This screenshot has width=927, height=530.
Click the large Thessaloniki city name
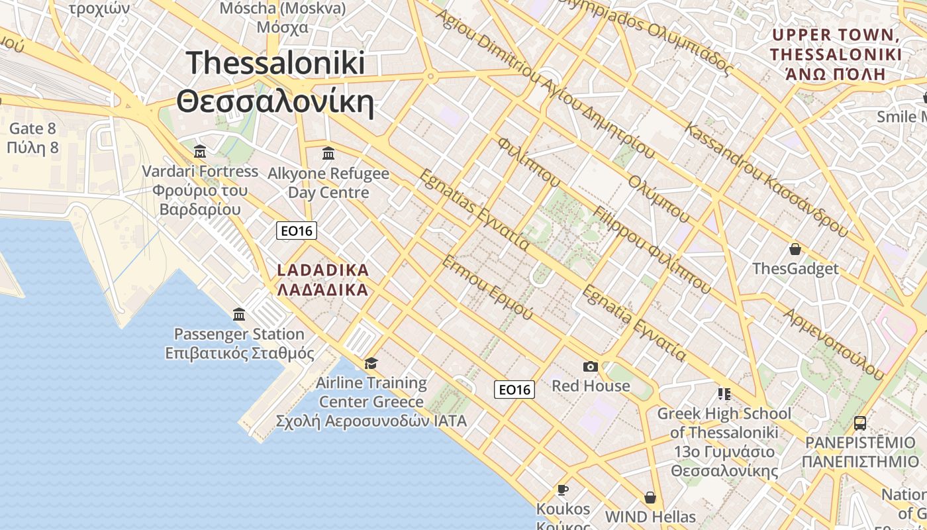point(275,82)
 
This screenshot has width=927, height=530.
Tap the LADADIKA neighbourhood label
point(322,280)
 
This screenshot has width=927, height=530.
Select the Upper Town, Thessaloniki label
point(836,54)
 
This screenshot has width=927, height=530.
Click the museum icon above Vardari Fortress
point(200,152)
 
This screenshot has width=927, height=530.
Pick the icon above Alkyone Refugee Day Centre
point(328,154)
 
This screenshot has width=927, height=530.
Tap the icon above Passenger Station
point(239,314)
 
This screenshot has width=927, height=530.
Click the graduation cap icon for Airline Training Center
point(371,363)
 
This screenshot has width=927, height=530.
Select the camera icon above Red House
point(590,366)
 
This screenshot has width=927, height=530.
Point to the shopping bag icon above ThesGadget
point(795,249)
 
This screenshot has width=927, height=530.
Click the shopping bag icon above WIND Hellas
point(650,497)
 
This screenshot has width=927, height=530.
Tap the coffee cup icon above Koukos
point(563,490)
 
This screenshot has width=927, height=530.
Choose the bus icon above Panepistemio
point(859,423)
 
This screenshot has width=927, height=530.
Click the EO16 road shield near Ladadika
point(297,231)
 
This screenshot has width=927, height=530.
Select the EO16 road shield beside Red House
point(514,390)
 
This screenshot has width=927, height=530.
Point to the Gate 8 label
point(33,138)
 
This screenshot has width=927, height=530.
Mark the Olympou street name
point(659,199)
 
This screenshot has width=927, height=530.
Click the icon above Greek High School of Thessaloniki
point(724,394)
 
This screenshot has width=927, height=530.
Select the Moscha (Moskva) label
point(283,17)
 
